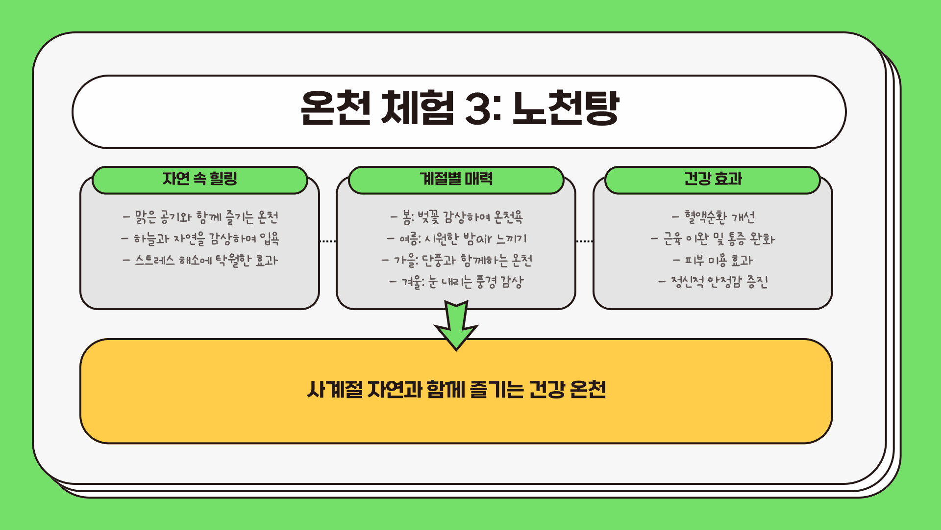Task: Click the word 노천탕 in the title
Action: click(x=566, y=108)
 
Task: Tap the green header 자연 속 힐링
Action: click(x=200, y=180)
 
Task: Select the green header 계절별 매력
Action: click(x=456, y=180)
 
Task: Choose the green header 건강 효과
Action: click(x=713, y=180)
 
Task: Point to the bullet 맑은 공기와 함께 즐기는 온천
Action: click(x=200, y=217)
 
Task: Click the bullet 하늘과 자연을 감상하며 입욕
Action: click(x=200, y=239)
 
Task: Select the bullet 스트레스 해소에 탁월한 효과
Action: click(x=200, y=260)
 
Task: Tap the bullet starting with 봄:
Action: click(x=457, y=217)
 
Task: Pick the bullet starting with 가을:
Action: click(x=457, y=260)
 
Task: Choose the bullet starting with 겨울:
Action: click(x=457, y=282)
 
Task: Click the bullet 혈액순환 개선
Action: click(x=713, y=217)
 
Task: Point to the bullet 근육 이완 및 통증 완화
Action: click(x=713, y=239)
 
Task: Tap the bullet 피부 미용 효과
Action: click(x=713, y=260)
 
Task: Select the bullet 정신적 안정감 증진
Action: click(x=713, y=282)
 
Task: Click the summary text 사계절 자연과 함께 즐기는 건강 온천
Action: click(x=456, y=390)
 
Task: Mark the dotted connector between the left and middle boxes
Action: click(x=328, y=241)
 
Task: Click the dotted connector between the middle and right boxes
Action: click(x=584, y=241)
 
